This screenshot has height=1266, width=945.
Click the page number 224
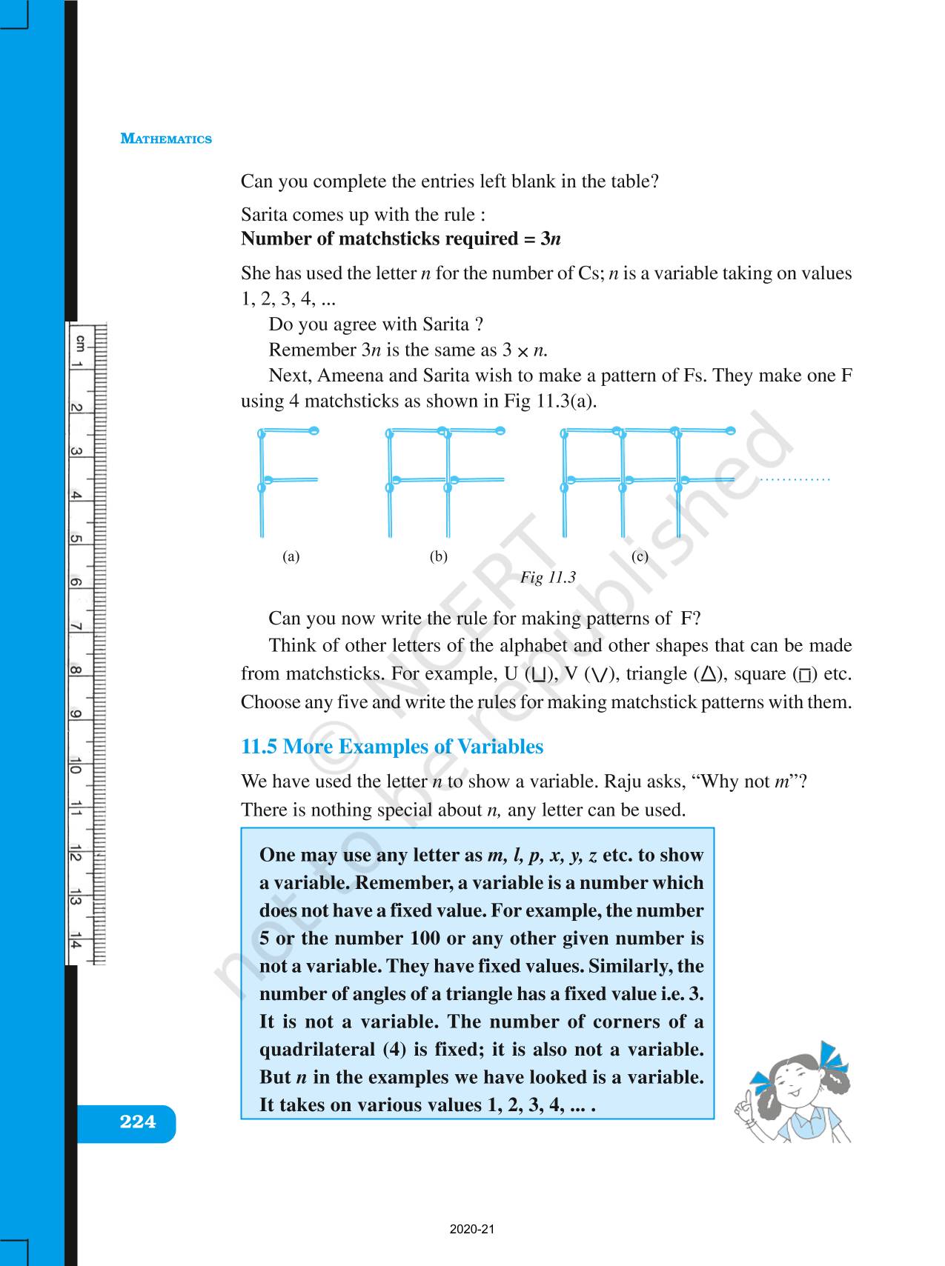138,1122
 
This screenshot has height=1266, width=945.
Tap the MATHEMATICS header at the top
166,139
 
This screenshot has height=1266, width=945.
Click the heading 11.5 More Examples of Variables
392,746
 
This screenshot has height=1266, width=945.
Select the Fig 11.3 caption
548,578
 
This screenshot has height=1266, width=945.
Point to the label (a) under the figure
291,556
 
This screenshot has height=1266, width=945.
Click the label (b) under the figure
439,556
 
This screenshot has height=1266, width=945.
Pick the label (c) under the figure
640,556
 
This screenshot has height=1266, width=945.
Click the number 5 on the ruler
75,539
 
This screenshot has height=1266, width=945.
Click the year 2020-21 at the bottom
471,1230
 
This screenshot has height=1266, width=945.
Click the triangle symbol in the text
709,674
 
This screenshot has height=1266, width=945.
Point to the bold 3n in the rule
550,239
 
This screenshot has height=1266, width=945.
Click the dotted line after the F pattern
795,480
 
